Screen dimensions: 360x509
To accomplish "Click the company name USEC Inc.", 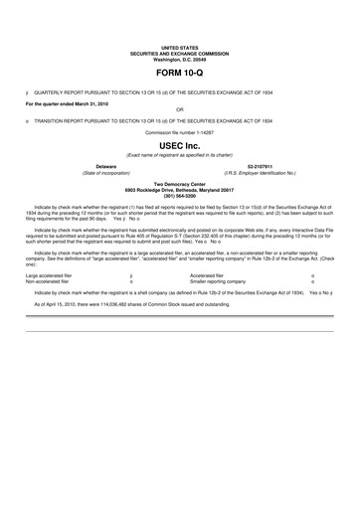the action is (x=179, y=144).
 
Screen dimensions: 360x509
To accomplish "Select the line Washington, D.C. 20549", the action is (x=179, y=58).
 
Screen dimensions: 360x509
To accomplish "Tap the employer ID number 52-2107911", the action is (x=261, y=165).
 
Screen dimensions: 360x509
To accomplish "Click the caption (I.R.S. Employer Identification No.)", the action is (x=261, y=171).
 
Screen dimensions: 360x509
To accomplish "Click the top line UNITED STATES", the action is (x=179, y=47).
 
